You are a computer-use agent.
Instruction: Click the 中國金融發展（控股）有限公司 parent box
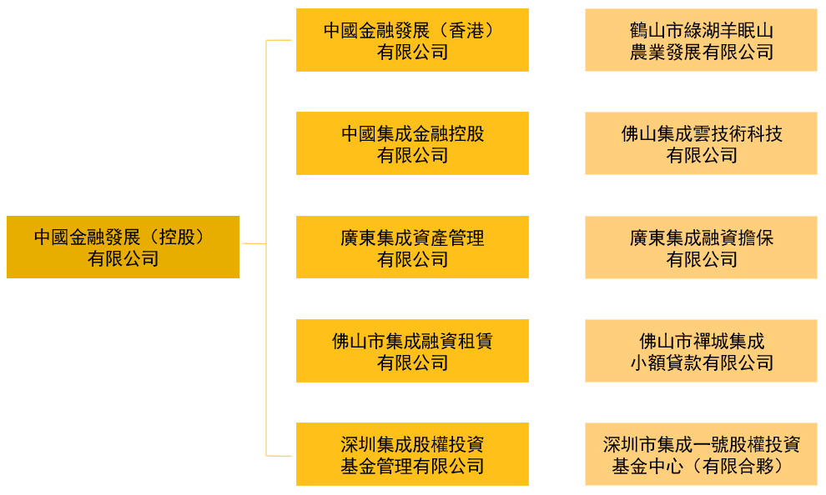(x=123, y=247)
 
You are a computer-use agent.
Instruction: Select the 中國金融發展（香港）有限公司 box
(x=412, y=40)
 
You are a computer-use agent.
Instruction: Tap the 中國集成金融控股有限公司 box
(x=412, y=143)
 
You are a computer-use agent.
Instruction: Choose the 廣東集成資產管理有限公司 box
(x=412, y=247)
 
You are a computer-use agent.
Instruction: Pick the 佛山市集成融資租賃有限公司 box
(x=412, y=350)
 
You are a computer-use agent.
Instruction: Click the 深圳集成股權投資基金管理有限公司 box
(x=412, y=454)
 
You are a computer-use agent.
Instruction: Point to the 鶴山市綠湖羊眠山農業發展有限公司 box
(x=701, y=40)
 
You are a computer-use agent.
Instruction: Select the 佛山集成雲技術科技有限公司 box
(x=701, y=143)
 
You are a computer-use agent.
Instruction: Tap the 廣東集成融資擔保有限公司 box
(x=701, y=247)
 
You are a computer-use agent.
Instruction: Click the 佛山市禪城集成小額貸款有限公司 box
(x=701, y=350)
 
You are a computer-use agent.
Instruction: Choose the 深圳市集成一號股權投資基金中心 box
(x=701, y=454)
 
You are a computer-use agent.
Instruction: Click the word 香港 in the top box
(x=466, y=31)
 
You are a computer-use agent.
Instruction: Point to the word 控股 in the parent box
(x=177, y=237)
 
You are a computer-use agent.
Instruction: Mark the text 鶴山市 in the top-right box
(x=657, y=31)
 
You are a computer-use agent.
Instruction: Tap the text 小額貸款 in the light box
(x=666, y=362)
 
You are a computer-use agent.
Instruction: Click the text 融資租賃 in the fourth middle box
(x=457, y=342)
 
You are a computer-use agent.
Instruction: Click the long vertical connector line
(x=266, y=247)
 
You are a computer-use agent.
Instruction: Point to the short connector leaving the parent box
(x=254, y=243)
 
